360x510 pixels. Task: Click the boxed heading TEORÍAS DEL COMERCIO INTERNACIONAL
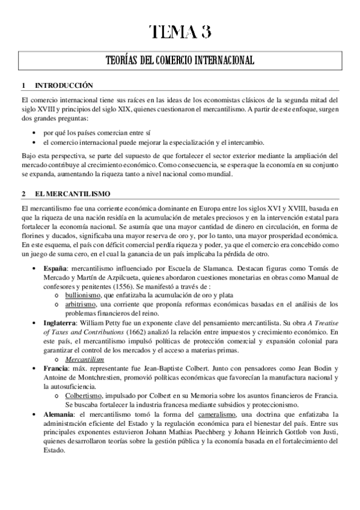coord(180,61)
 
